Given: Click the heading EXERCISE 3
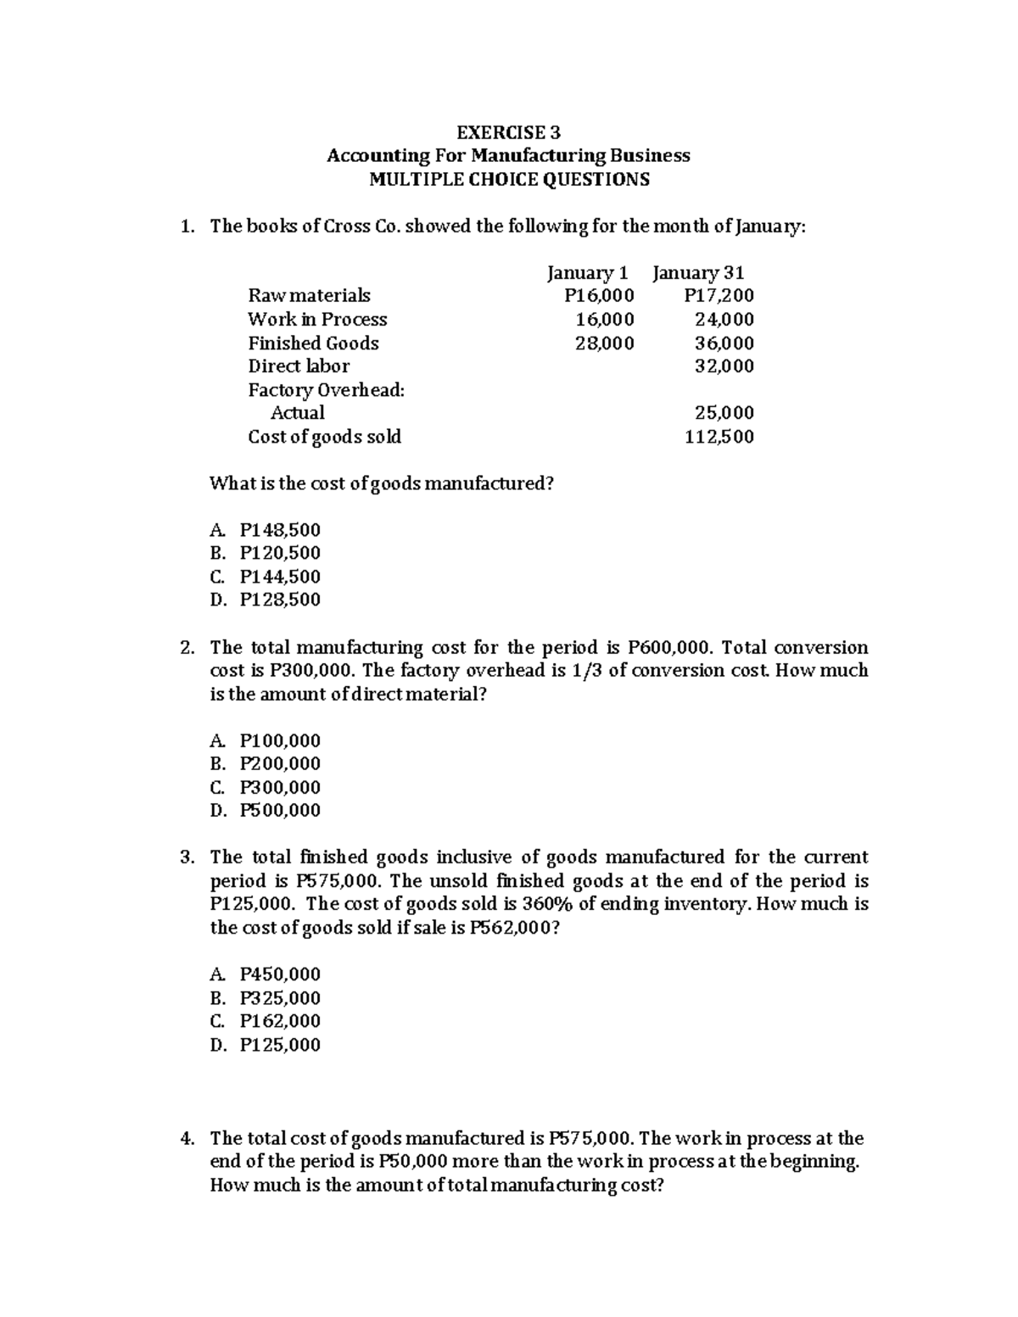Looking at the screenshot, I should click(x=508, y=132).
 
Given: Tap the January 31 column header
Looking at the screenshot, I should click(x=698, y=273).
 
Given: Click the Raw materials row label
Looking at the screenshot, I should click(x=309, y=296).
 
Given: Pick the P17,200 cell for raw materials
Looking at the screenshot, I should click(x=719, y=296).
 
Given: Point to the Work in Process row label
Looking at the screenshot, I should click(x=317, y=320).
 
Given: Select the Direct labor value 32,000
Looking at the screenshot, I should click(x=724, y=366).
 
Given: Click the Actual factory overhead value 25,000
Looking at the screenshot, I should click(x=724, y=413).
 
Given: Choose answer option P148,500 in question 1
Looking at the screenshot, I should click(x=280, y=531).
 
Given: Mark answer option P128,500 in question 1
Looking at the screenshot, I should click(x=280, y=600).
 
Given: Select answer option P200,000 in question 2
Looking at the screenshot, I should click(x=280, y=764).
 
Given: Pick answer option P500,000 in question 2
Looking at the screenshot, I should click(x=280, y=811).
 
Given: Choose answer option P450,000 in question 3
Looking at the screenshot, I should click(x=280, y=974).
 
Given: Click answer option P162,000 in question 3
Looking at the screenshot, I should click(x=280, y=1021).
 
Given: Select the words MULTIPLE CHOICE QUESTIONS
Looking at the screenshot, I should click(x=508, y=179).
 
